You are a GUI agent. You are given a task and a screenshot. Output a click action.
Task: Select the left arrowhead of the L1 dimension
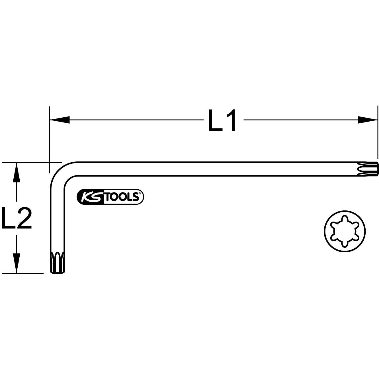tap(60, 120)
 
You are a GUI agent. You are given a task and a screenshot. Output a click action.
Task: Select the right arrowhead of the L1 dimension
tap(367, 120)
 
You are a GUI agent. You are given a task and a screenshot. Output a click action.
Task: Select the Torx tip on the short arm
tap(57, 262)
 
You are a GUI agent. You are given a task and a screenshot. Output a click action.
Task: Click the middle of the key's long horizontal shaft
tap(214, 169)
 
